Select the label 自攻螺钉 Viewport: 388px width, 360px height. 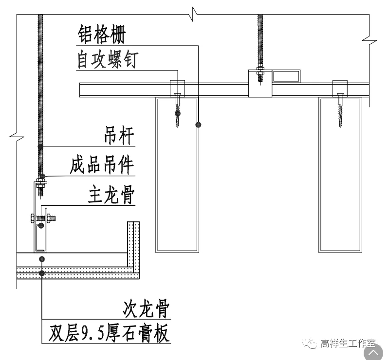[x=108, y=60]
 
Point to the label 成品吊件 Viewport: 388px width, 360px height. [x=102, y=165]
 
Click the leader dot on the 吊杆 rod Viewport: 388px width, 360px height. [x=40, y=146]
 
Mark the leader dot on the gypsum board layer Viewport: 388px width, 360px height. [x=43, y=273]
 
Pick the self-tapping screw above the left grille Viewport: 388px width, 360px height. [x=178, y=109]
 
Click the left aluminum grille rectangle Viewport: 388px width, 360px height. [x=177, y=175]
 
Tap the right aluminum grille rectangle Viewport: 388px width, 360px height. [x=340, y=175]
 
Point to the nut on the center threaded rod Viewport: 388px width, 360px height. [x=260, y=73]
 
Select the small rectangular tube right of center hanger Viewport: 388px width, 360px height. [x=286, y=76]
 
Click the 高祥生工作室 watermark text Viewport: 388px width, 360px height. [x=348, y=344]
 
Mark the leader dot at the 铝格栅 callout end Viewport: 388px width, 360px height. [x=198, y=125]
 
